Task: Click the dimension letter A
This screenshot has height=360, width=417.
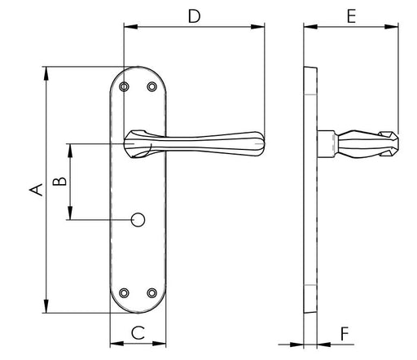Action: coord(36,190)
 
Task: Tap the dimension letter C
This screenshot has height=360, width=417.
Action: coord(138,332)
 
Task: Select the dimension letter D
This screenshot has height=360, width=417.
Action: coord(195,16)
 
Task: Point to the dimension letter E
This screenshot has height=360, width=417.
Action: coord(351,16)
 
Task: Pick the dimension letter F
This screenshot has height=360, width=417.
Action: coord(345,334)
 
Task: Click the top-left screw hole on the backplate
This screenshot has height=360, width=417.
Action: coord(124,86)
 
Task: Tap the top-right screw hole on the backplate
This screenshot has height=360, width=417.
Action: coord(151,86)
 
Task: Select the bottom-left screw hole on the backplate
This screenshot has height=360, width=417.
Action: coord(124,292)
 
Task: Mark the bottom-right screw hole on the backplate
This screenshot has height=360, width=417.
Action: coord(151,292)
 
